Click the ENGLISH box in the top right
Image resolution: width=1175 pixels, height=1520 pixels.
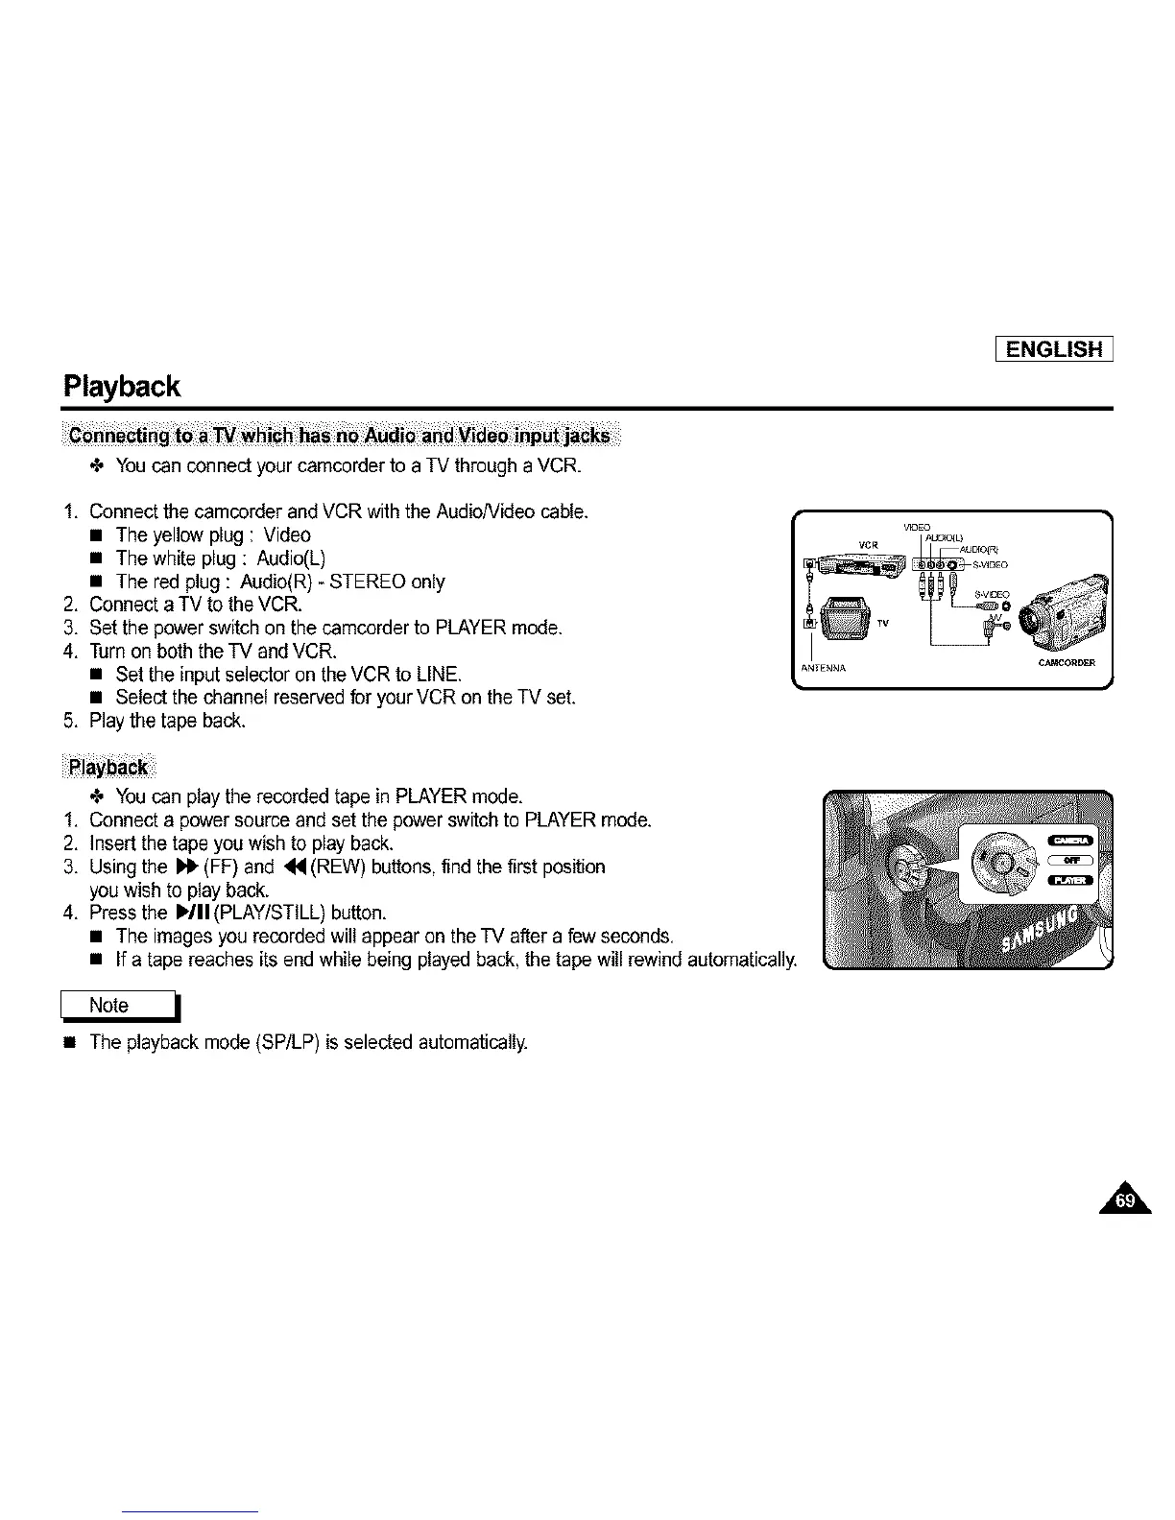click(x=1054, y=348)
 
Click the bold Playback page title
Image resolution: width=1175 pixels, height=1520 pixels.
click(x=121, y=387)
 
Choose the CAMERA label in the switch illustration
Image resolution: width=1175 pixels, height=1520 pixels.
click(x=1070, y=842)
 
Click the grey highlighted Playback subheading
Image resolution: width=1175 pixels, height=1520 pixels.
click(x=112, y=767)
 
